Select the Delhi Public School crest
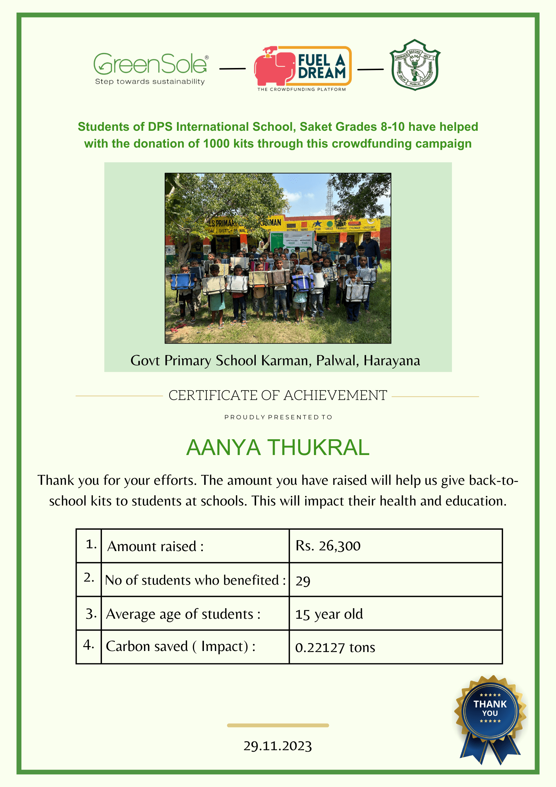coord(415,65)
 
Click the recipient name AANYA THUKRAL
coord(278,448)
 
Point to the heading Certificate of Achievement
coord(278,395)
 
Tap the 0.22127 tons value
coord(335,647)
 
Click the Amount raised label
coord(156,546)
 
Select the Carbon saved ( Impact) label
coord(180,646)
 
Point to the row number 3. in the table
coord(90,614)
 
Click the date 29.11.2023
coord(278,746)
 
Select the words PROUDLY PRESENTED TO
coord(278,417)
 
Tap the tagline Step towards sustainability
coord(150,82)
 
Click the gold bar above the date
coord(278,725)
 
